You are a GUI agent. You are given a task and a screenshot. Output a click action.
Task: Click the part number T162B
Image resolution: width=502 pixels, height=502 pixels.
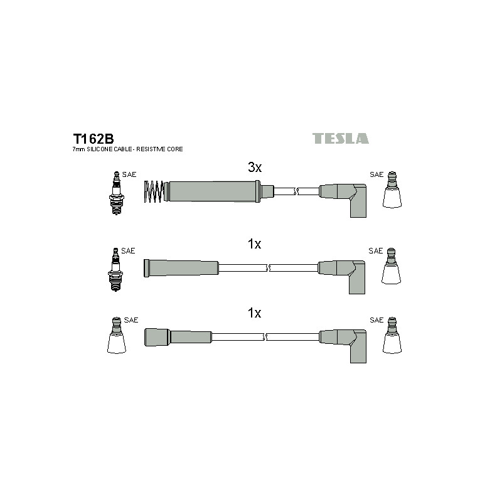pos(93,139)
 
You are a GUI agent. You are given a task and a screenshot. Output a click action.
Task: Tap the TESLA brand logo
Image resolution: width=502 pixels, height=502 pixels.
pos(340,138)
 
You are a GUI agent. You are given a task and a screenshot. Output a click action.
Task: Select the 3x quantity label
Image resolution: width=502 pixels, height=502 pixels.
pos(255,167)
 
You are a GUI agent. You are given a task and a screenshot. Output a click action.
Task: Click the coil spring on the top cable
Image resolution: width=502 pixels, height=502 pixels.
pos(154,191)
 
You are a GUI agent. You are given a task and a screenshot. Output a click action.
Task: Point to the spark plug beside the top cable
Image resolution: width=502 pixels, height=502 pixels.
pos(117,193)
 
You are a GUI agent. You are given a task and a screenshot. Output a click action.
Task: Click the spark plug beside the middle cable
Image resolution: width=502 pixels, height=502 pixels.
pos(115,269)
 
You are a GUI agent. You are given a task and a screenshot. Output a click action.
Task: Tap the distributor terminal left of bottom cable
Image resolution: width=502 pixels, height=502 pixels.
pos(116,336)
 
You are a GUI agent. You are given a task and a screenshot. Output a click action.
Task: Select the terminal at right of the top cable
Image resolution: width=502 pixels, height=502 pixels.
pos(392,190)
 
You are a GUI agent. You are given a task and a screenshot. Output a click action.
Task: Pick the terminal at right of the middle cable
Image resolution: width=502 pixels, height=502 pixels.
pos(391,265)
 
